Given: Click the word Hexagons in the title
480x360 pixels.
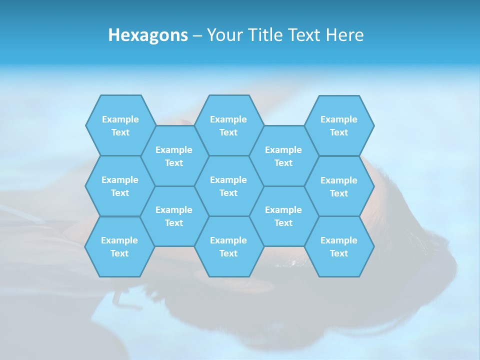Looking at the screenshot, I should pyautogui.click(x=148, y=35).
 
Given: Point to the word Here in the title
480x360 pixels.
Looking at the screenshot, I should pyautogui.click(x=344, y=35).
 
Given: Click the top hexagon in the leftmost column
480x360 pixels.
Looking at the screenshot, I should pyautogui.click(x=120, y=125).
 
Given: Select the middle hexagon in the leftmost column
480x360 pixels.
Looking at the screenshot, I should pyautogui.click(x=120, y=186).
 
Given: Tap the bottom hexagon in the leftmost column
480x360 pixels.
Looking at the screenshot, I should pyautogui.click(x=119, y=246).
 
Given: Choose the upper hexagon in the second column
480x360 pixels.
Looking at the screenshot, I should pyautogui.click(x=174, y=156).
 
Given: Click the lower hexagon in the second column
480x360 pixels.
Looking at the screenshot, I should pyautogui.click(x=174, y=216).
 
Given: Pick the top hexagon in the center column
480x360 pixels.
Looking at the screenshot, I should pyautogui.click(x=228, y=125).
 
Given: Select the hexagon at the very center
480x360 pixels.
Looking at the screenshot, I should pyautogui.click(x=228, y=186).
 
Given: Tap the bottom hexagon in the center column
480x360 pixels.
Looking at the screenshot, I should pyautogui.click(x=228, y=246).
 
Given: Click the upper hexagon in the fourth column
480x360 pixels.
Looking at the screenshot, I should pyautogui.click(x=283, y=156).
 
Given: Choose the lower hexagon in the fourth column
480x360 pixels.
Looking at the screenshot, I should pyautogui.click(x=283, y=216).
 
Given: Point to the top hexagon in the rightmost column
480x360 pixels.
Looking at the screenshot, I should pyautogui.click(x=339, y=125).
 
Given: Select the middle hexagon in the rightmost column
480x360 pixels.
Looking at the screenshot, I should pyautogui.click(x=339, y=186).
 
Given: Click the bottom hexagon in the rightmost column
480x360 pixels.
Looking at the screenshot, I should pyautogui.click(x=339, y=246).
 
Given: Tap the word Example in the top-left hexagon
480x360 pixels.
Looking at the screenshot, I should pyautogui.click(x=120, y=119).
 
